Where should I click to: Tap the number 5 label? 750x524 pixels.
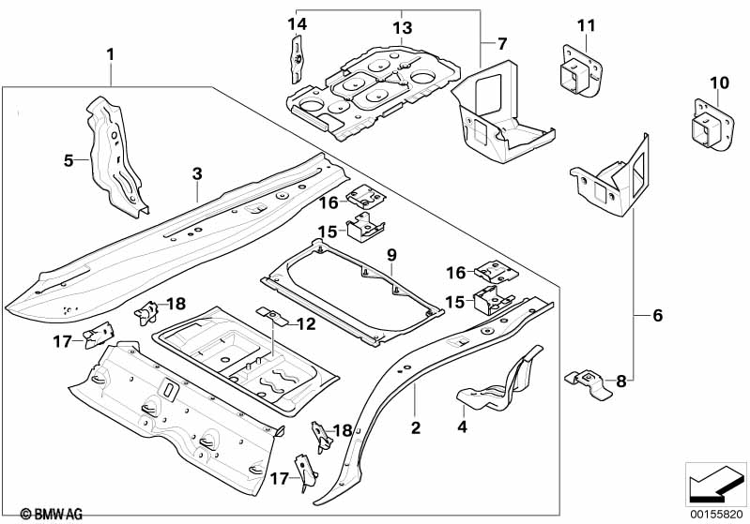coord(69,160)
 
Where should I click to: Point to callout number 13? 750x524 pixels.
coord(402,29)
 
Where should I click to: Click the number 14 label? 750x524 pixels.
coord(298,24)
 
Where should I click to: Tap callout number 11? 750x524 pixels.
coord(586,26)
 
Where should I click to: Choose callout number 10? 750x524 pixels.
coord(718,83)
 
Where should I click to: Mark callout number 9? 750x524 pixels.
coord(392,254)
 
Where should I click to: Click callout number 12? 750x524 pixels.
coord(306,324)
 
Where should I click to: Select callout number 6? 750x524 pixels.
coord(657,316)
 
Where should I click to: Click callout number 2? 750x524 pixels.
coord(415,430)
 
